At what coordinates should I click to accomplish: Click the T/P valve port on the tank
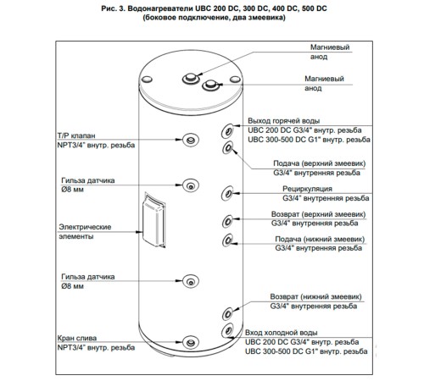pyautogui.click(x=191, y=140)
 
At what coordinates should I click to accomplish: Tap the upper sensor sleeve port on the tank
pyautogui.click(x=191, y=185)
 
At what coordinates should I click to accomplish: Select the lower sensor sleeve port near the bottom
pyautogui.click(x=191, y=281)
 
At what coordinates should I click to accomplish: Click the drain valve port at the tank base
pyautogui.click(x=191, y=343)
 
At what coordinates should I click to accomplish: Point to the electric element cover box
pyautogui.click(x=153, y=220)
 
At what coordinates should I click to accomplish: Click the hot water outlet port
pyautogui.click(x=227, y=131)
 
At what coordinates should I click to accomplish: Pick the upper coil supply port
pyautogui.click(x=227, y=147)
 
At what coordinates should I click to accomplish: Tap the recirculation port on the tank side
pyautogui.click(x=227, y=193)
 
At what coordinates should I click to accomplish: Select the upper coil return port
pyautogui.click(x=227, y=221)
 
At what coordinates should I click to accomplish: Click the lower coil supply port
pyautogui.click(x=227, y=240)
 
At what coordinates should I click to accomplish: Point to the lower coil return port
pyautogui.click(x=227, y=313)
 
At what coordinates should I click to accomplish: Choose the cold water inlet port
pyautogui.click(x=227, y=331)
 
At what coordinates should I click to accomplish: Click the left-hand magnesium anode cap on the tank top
pyautogui.click(x=191, y=78)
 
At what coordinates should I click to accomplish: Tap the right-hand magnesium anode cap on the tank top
pyautogui.click(x=211, y=85)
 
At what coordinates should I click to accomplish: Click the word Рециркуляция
pyautogui.click(x=307, y=189)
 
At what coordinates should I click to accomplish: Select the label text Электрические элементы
pyautogui.click(x=85, y=231)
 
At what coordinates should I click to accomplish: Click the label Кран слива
pyautogui.click(x=77, y=338)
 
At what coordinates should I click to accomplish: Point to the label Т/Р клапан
pyautogui.click(x=76, y=135)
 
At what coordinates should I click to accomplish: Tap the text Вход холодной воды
pyautogui.click(x=281, y=333)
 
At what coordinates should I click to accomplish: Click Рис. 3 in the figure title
pyautogui.click(x=113, y=8)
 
